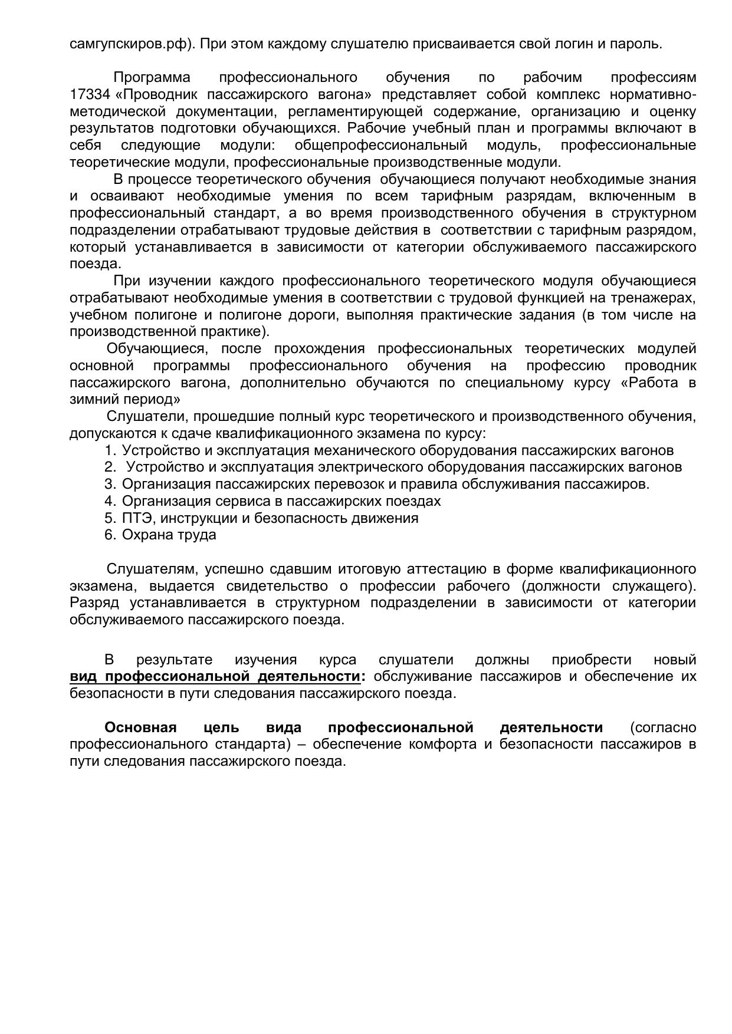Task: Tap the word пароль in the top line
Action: click(639, 44)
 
